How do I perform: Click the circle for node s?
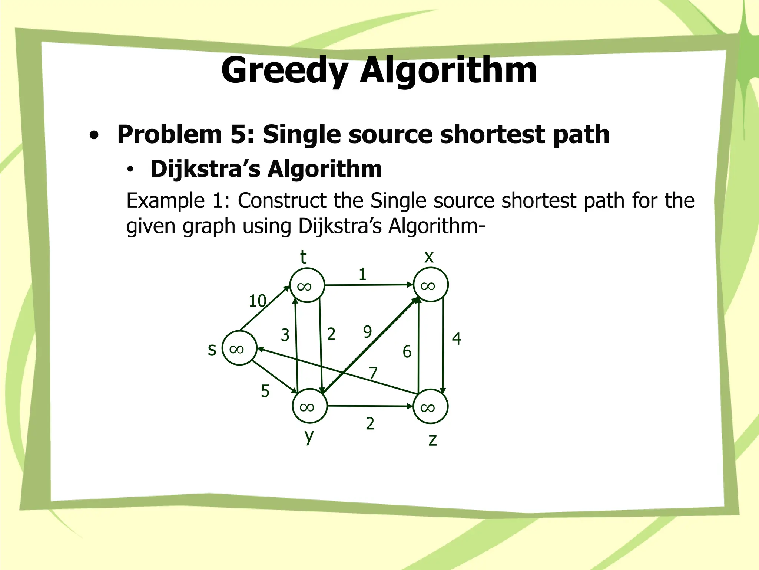[x=239, y=348]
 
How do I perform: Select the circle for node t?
[x=307, y=285]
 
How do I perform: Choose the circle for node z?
[x=430, y=406]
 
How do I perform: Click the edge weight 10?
[x=258, y=301]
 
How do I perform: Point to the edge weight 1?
[x=362, y=274]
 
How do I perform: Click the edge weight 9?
[x=367, y=331]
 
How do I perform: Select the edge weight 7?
[x=373, y=373]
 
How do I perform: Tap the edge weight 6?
[x=407, y=351]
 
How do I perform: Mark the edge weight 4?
[x=456, y=338]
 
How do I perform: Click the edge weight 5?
[x=265, y=391]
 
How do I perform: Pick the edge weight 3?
[x=285, y=335]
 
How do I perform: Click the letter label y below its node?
[x=309, y=436]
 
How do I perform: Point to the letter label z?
[x=432, y=440]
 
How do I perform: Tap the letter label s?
[x=212, y=349]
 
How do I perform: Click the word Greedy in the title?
[x=285, y=71]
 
